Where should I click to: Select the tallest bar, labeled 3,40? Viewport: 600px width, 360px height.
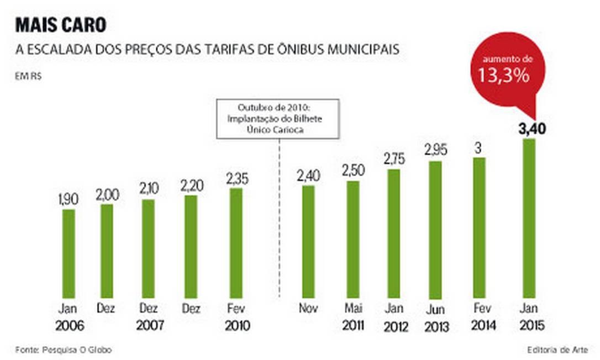pyautogui.click(x=529, y=218)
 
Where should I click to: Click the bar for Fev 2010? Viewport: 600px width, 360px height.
pyautogui.click(x=236, y=242)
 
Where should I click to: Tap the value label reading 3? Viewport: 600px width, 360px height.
pyautogui.click(x=479, y=148)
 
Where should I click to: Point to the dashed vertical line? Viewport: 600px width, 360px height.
pyautogui.click(x=279, y=221)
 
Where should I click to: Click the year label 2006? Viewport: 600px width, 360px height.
pyautogui.click(x=70, y=326)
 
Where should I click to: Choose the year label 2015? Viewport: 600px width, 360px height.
pyautogui.click(x=529, y=326)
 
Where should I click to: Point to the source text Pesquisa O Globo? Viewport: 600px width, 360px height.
pyautogui.click(x=66, y=350)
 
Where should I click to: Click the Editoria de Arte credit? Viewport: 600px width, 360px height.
pyautogui.click(x=556, y=350)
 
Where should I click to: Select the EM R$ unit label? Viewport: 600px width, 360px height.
pyautogui.click(x=29, y=76)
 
